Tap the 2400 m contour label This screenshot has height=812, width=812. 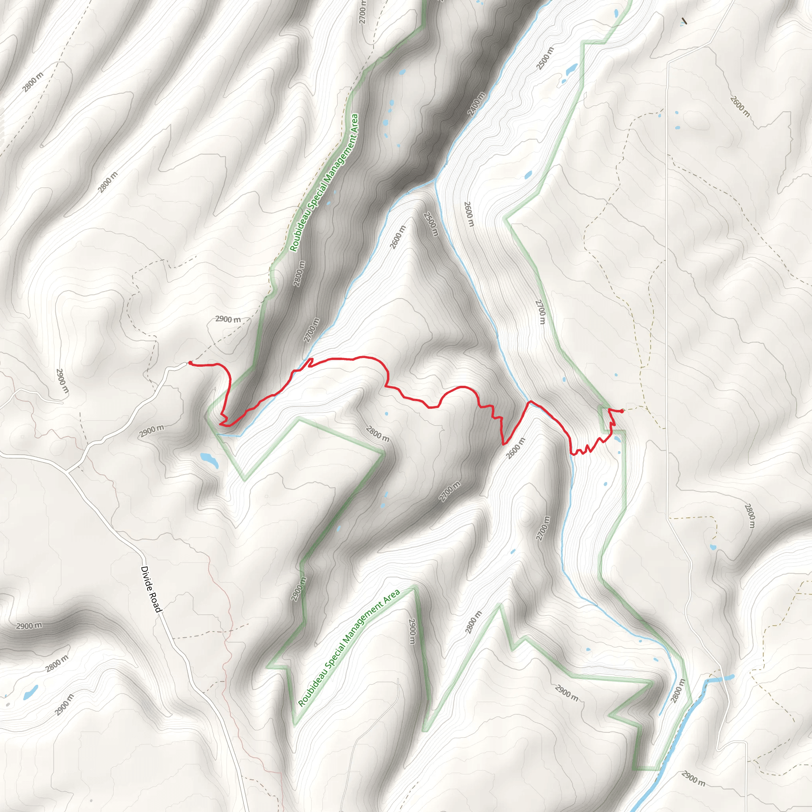tap(476, 103)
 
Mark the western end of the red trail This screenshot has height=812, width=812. tap(190, 363)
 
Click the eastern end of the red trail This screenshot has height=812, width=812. tap(622, 411)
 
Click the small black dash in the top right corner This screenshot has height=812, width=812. tap(685, 21)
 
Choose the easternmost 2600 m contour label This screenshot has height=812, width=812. tap(740, 107)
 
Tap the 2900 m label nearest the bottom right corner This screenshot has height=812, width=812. tap(693, 778)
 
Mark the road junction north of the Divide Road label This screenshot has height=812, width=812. tap(67, 471)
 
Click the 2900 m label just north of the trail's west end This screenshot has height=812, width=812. tap(228, 319)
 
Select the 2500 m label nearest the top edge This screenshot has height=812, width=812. tap(545, 59)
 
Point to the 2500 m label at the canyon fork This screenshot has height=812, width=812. tap(431, 224)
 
